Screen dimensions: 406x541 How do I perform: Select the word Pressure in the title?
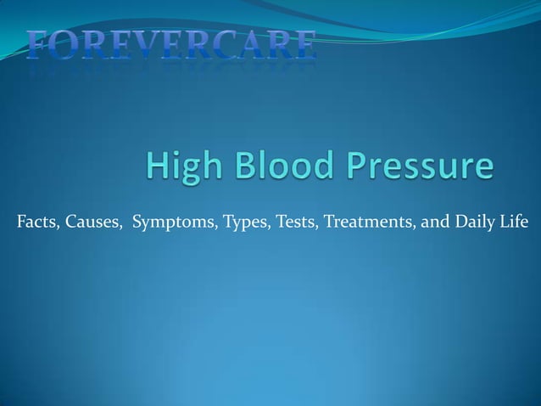point(419,165)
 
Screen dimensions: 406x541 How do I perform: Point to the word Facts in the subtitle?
point(34,223)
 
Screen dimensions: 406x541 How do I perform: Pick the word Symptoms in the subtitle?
point(174,224)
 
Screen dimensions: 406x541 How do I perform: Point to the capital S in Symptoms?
point(137,223)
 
